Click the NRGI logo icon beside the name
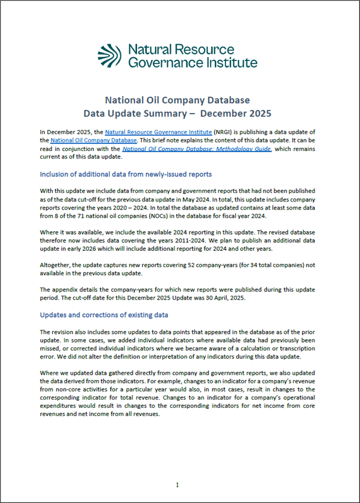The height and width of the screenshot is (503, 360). coord(109,56)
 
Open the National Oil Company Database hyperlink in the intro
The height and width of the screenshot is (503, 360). coord(93,141)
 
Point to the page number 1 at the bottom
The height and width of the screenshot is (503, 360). coord(178,484)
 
